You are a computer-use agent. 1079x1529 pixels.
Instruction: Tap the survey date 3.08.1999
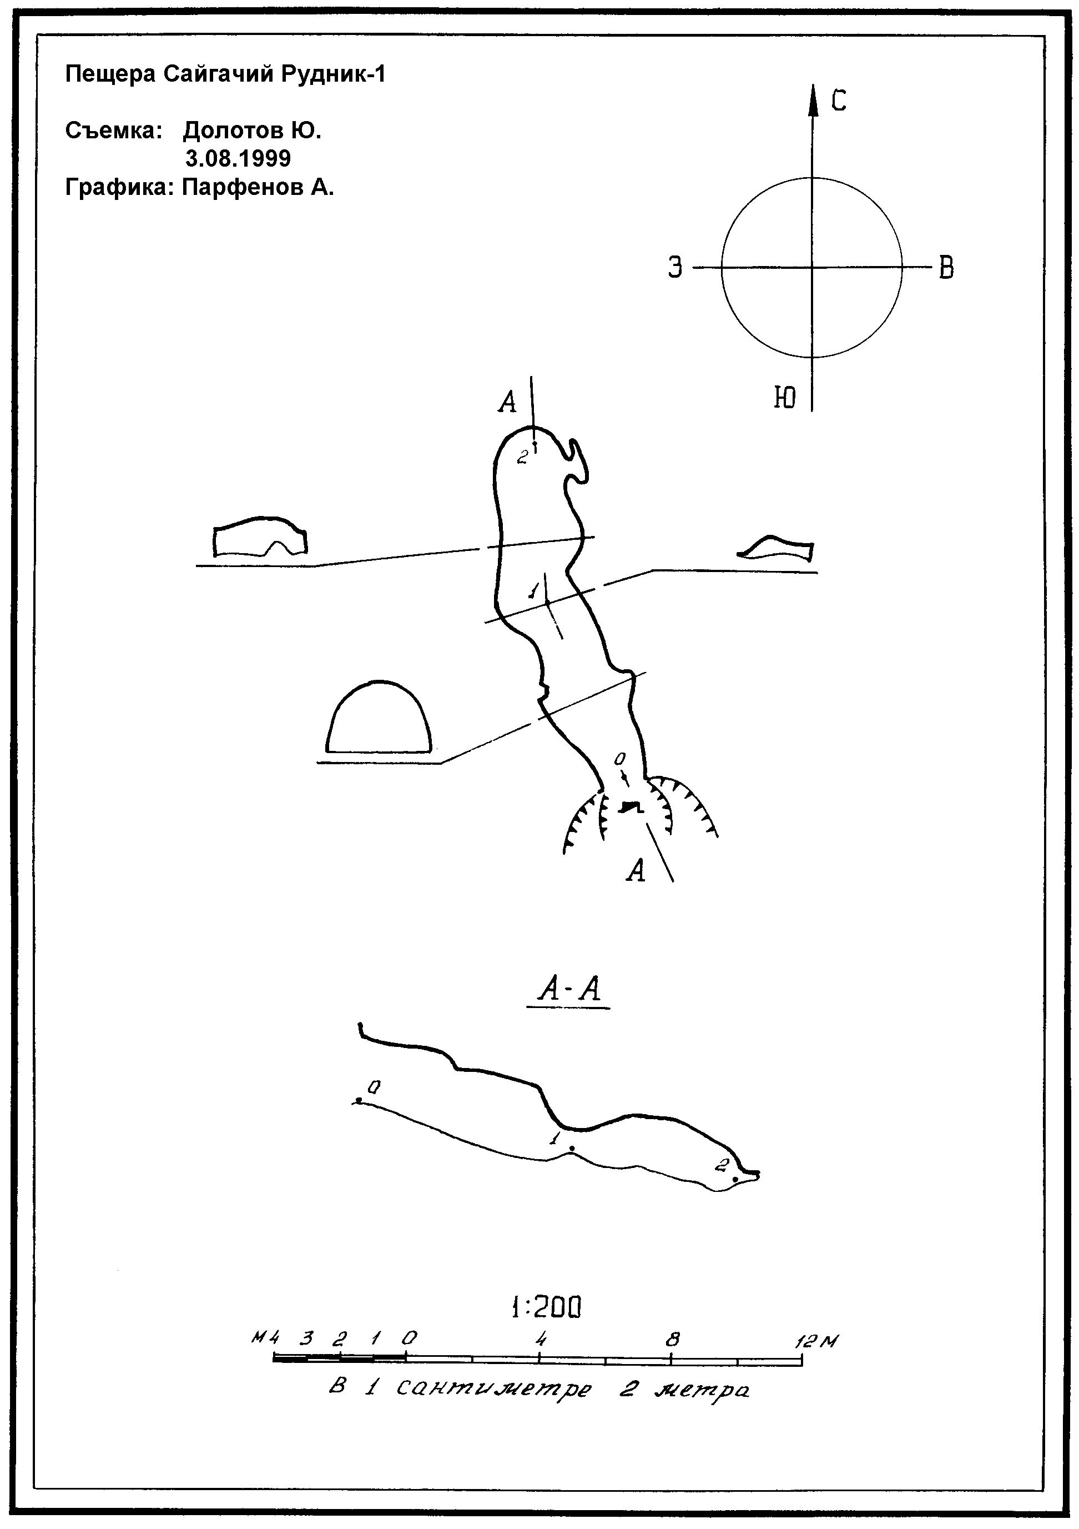click(x=238, y=158)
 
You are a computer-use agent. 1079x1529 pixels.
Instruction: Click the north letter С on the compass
click(x=838, y=101)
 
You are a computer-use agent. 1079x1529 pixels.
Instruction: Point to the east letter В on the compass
click(x=946, y=268)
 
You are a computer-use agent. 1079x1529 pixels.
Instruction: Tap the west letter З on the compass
click(x=675, y=268)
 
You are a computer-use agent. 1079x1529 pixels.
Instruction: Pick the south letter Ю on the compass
click(x=785, y=398)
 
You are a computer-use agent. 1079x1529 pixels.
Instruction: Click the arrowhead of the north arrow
click(x=812, y=100)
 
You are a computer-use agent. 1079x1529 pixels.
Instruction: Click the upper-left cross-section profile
click(x=260, y=518)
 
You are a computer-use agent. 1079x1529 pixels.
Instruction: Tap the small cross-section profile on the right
click(x=775, y=536)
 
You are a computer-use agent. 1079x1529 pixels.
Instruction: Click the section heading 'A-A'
click(x=569, y=990)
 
